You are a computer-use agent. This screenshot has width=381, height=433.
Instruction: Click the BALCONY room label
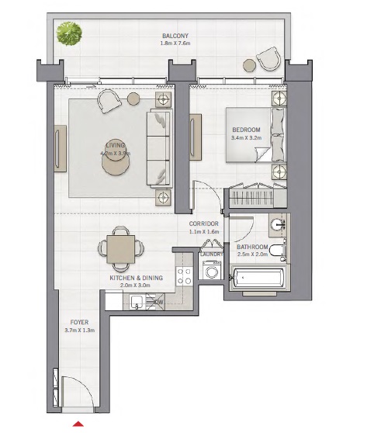175,36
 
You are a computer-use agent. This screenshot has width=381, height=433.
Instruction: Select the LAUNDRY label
211,254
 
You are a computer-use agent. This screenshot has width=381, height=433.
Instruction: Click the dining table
120,248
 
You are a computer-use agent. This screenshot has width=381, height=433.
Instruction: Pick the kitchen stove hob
185,274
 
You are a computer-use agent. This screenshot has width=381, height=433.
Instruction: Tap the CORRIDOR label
204,223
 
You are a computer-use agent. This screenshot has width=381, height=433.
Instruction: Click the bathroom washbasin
277,226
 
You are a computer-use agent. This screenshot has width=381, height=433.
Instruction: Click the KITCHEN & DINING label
135,277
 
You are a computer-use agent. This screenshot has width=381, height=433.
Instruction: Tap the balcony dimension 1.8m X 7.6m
175,44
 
